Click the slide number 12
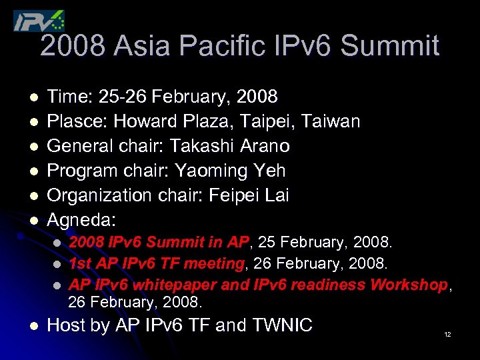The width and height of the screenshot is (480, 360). (447, 334)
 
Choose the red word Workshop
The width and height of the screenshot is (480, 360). (408, 285)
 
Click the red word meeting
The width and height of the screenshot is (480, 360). (217, 264)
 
